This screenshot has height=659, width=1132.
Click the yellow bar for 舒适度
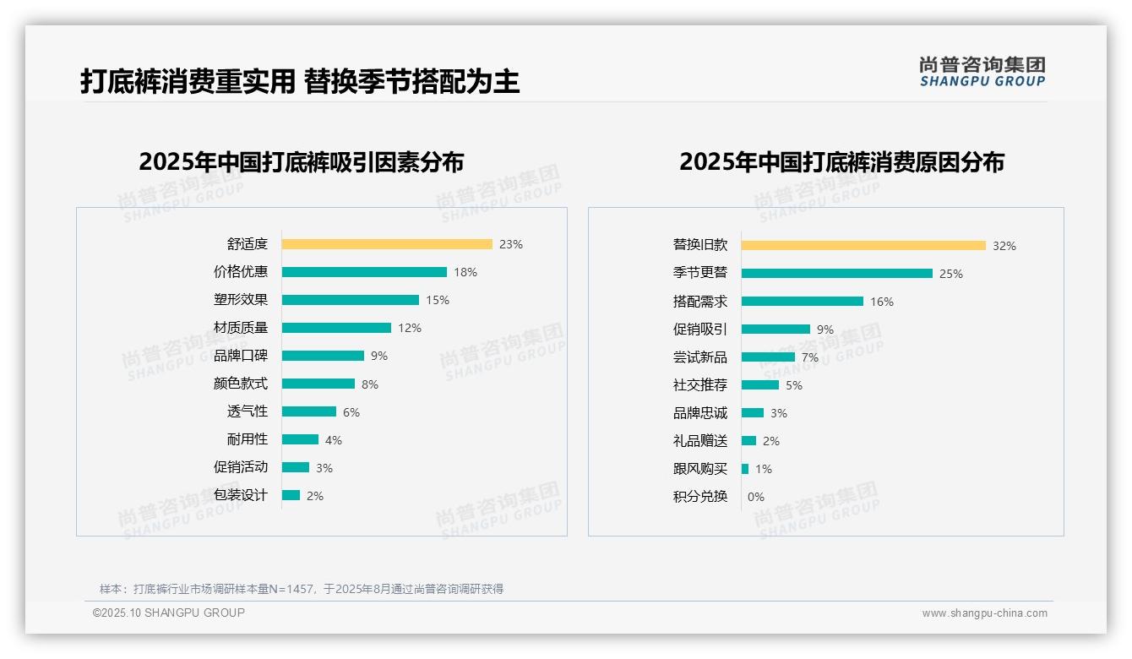(387, 244)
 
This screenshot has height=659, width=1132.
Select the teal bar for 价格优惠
(364, 272)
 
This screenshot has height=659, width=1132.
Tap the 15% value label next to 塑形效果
(438, 300)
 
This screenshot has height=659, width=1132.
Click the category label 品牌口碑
(241, 356)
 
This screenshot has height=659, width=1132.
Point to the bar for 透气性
(309, 411)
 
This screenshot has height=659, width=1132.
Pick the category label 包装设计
(241, 495)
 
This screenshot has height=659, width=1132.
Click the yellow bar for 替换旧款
(863, 246)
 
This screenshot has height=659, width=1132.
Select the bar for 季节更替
(837, 274)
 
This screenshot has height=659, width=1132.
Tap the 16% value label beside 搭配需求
(882, 302)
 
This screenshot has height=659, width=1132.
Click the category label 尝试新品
(700, 357)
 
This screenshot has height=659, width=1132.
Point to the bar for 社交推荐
(760, 385)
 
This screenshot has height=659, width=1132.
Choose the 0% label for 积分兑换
(756, 497)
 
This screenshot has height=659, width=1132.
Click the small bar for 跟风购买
(745, 469)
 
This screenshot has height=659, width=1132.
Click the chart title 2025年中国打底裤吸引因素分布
(302, 162)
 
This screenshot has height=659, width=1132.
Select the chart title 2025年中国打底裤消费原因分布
(841, 162)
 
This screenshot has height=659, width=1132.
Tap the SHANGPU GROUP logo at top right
(982, 72)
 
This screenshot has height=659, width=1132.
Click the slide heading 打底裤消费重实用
(188, 82)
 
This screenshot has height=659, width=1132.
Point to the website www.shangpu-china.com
(984, 613)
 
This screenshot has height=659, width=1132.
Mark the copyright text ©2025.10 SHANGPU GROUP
(169, 613)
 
